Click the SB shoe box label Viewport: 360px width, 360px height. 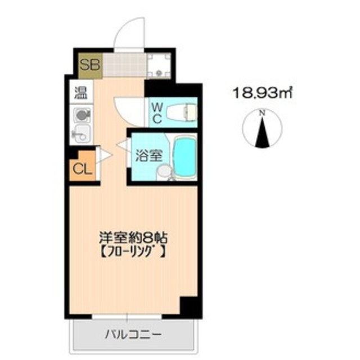[x=89, y=64]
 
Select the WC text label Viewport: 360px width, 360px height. [x=156, y=112]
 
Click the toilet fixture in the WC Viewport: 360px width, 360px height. [x=183, y=112]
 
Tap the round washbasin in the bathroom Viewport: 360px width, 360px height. [x=164, y=172]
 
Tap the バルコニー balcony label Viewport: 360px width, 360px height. [x=133, y=334]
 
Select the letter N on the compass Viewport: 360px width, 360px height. [x=262, y=113]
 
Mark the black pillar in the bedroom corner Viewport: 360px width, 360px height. [x=188, y=307]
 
